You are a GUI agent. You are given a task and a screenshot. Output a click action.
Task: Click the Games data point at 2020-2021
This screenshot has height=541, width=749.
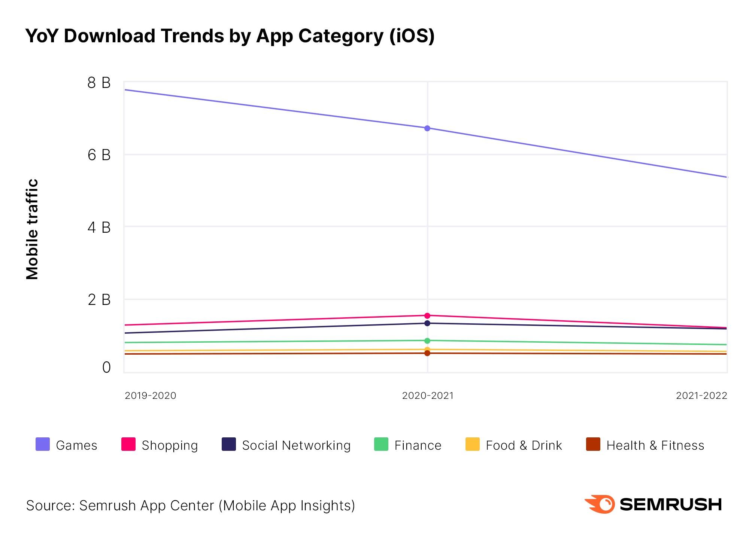click(427, 128)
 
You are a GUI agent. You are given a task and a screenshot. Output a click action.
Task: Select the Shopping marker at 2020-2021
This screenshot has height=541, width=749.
click(427, 316)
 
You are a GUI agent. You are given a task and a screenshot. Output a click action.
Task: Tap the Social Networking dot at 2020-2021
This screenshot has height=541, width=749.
click(427, 323)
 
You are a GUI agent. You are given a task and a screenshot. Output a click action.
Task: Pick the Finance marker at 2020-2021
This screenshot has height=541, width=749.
click(427, 341)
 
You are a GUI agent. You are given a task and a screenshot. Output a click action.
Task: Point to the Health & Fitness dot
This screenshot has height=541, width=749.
click(427, 353)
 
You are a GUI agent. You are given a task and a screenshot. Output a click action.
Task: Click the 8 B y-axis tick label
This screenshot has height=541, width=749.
click(99, 83)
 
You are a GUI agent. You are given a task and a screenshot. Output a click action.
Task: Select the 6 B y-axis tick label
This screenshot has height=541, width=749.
click(99, 155)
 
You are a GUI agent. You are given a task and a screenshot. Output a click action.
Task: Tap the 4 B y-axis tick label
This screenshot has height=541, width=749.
click(99, 227)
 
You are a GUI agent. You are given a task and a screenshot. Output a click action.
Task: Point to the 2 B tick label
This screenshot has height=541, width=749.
click(99, 300)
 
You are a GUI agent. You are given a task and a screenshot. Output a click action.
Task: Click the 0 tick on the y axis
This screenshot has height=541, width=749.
click(106, 367)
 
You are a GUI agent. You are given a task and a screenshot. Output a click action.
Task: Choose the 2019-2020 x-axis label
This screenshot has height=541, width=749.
click(151, 395)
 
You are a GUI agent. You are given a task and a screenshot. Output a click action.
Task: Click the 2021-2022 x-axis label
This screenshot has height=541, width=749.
click(701, 395)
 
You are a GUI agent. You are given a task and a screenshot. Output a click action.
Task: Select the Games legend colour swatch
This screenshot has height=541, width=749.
click(43, 444)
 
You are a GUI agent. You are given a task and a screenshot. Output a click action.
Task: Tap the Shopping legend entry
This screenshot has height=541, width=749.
click(170, 445)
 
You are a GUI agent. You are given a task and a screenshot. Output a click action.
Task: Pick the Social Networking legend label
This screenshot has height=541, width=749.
click(296, 445)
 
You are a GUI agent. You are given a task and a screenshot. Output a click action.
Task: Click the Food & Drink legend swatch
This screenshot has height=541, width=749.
click(473, 444)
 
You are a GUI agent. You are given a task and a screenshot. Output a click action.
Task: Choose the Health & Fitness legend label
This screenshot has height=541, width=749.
click(655, 445)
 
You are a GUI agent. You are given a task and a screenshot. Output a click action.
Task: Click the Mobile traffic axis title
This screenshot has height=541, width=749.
click(33, 229)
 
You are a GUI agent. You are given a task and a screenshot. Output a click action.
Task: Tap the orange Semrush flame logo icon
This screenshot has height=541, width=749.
click(600, 504)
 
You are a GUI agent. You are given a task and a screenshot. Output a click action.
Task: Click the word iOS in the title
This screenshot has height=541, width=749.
click(412, 36)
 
